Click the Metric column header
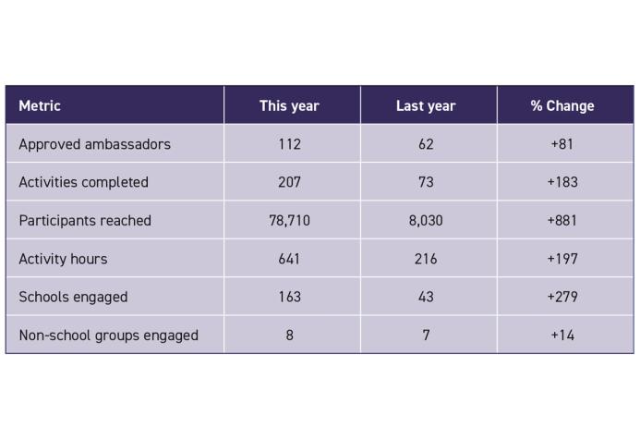40,105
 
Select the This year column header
289,105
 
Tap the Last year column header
426,105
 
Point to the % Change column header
562,105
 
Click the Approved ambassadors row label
94,144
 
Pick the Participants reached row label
84,220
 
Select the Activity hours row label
63,259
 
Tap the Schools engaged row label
73,297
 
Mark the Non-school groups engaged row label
108,335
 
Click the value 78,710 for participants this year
289,220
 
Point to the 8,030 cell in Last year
426,220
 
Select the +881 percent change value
562,220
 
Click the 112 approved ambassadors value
289,144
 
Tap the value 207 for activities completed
289,182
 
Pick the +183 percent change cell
562,182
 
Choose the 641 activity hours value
289,259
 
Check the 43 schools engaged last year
426,297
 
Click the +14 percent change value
562,335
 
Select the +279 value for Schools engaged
562,297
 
